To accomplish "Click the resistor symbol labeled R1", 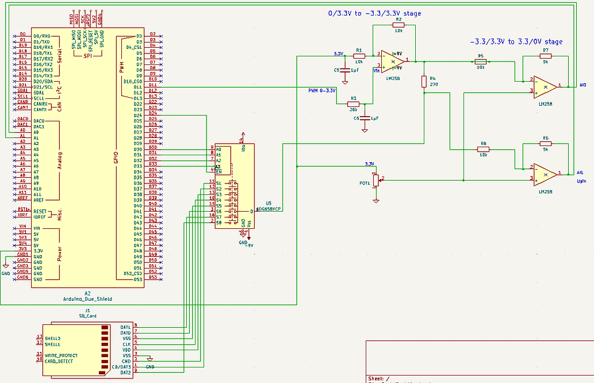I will (359, 55).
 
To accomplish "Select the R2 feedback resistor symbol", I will (398, 25).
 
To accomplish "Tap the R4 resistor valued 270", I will (424, 82).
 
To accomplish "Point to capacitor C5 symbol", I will (344, 70).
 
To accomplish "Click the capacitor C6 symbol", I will (365, 118).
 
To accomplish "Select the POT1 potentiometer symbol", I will (375, 179).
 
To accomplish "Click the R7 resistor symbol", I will (545, 56).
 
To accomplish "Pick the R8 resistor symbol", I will (483, 149).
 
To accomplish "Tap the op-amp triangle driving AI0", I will (544, 87).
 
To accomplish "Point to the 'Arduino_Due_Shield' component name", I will (87, 299).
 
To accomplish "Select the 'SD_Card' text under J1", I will (88, 316).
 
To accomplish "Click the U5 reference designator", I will (269, 203).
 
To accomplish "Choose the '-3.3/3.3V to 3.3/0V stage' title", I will (516, 41).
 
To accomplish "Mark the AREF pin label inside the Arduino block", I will (39, 200).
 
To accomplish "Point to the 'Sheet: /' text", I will (379, 379).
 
